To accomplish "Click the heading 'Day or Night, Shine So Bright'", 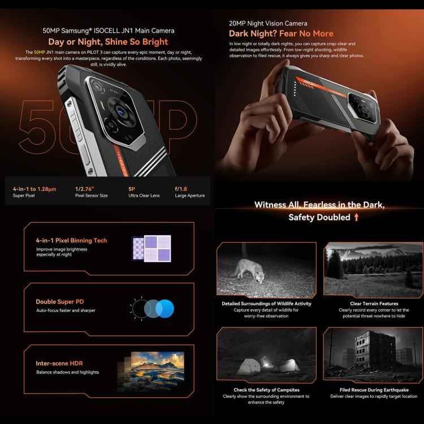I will click(x=108, y=41).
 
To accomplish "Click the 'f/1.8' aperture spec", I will click(x=181, y=189).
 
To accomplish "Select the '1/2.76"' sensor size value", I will click(x=85, y=189).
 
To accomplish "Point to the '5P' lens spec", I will click(x=132, y=189).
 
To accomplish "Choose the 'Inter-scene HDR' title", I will click(x=60, y=364).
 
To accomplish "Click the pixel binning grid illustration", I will click(x=151, y=249).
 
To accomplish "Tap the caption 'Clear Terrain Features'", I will click(x=374, y=304).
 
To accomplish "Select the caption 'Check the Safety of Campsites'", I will click(x=266, y=390).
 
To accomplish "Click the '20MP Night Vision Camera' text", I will click(x=268, y=24).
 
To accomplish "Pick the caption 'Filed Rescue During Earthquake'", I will click(x=374, y=390).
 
